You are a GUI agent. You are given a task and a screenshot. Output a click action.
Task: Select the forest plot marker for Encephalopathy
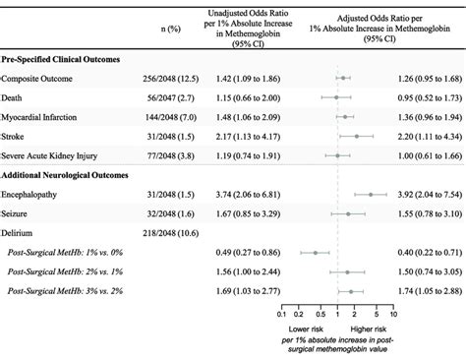[x=370, y=194]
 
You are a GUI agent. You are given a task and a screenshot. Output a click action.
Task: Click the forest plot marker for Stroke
[x=356, y=136]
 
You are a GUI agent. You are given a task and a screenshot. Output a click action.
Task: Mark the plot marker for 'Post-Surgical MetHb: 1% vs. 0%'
[x=315, y=252]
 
